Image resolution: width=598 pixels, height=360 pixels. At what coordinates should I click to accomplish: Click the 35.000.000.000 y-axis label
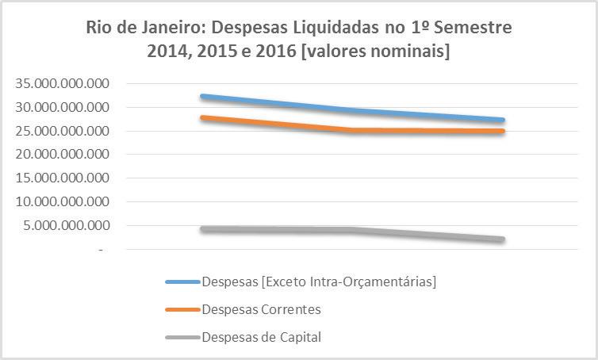[62, 83]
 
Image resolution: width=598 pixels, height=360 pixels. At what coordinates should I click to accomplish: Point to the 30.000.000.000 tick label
[62, 107]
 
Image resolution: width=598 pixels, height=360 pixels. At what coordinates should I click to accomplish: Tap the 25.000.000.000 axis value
[62, 131]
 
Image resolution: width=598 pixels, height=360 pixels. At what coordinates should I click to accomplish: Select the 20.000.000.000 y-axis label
[62, 154]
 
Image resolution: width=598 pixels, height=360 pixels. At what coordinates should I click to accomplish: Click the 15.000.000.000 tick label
[62, 178]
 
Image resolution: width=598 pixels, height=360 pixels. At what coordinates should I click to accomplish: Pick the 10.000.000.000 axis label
[62, 201]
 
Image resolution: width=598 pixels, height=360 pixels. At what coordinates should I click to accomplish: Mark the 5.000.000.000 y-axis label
[66, 225]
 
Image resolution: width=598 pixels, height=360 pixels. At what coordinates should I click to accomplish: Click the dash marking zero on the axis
[101, 250]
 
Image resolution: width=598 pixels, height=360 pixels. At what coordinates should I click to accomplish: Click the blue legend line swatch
[182, 281]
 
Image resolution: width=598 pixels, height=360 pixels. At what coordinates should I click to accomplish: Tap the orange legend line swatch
[182, 310]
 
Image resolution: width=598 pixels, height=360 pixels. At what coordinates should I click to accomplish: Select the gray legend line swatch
[182, 337]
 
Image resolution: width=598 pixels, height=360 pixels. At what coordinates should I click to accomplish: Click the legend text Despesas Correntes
[262, 309]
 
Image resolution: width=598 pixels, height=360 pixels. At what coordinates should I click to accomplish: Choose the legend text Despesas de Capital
[262, 337]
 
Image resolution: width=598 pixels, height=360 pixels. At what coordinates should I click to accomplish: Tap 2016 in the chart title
[276, 51]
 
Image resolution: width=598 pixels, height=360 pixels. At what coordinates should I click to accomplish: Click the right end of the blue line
[503, 120]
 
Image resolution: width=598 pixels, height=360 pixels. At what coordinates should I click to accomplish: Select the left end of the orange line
[203, 117]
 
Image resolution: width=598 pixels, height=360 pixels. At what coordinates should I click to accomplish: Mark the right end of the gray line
[503, 239]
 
